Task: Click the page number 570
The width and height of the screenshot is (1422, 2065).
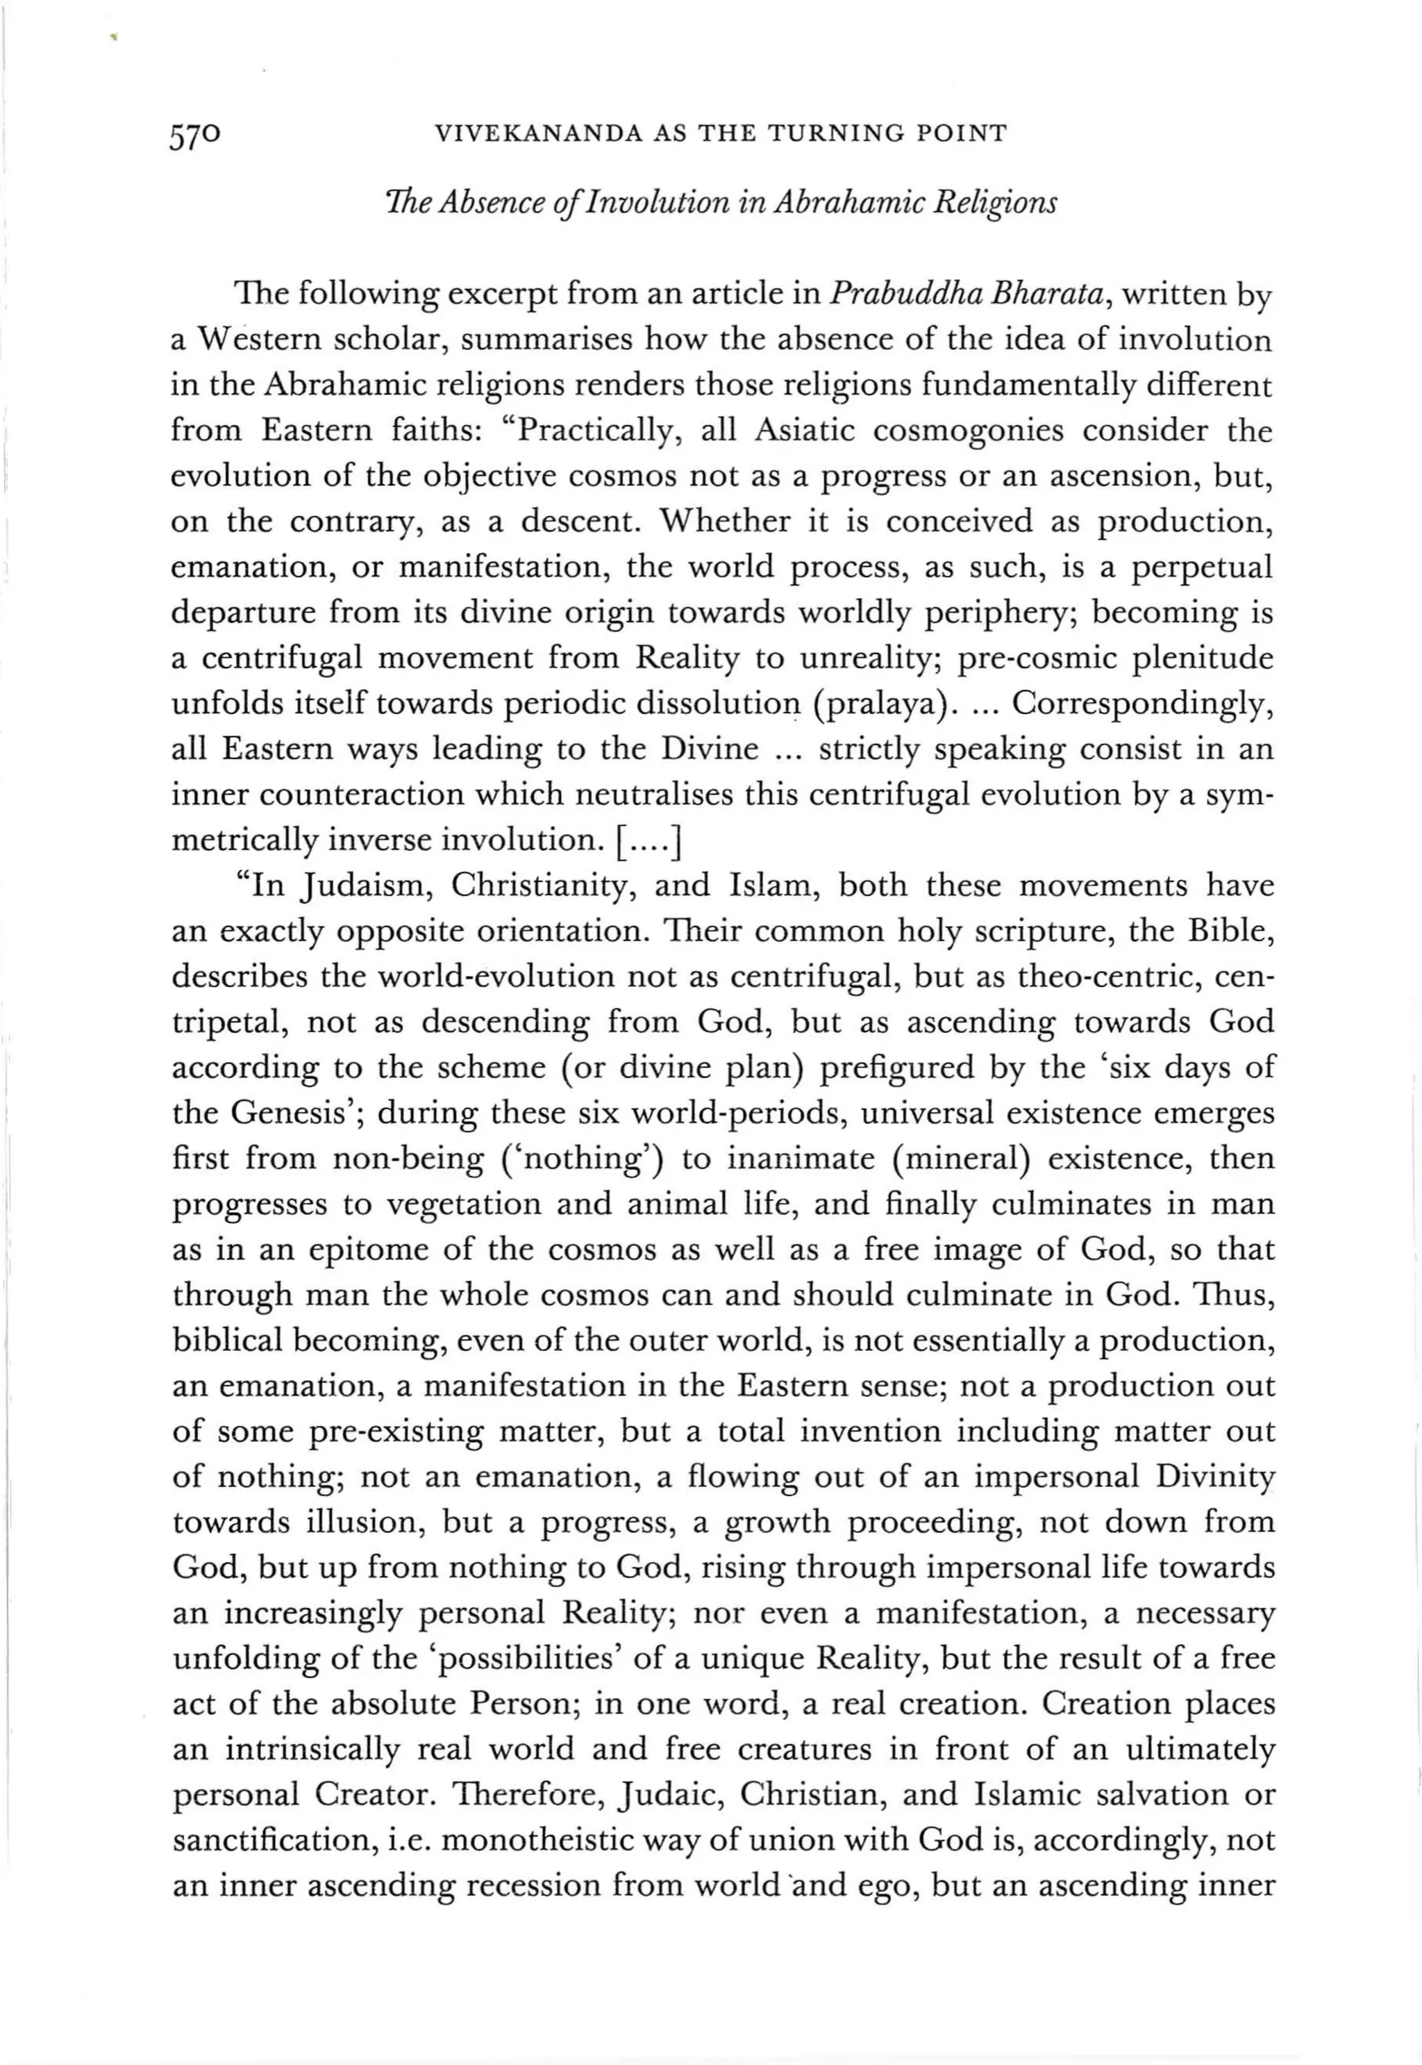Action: click(194, 135)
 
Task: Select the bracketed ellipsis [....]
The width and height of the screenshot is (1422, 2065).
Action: click(649, 840)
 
